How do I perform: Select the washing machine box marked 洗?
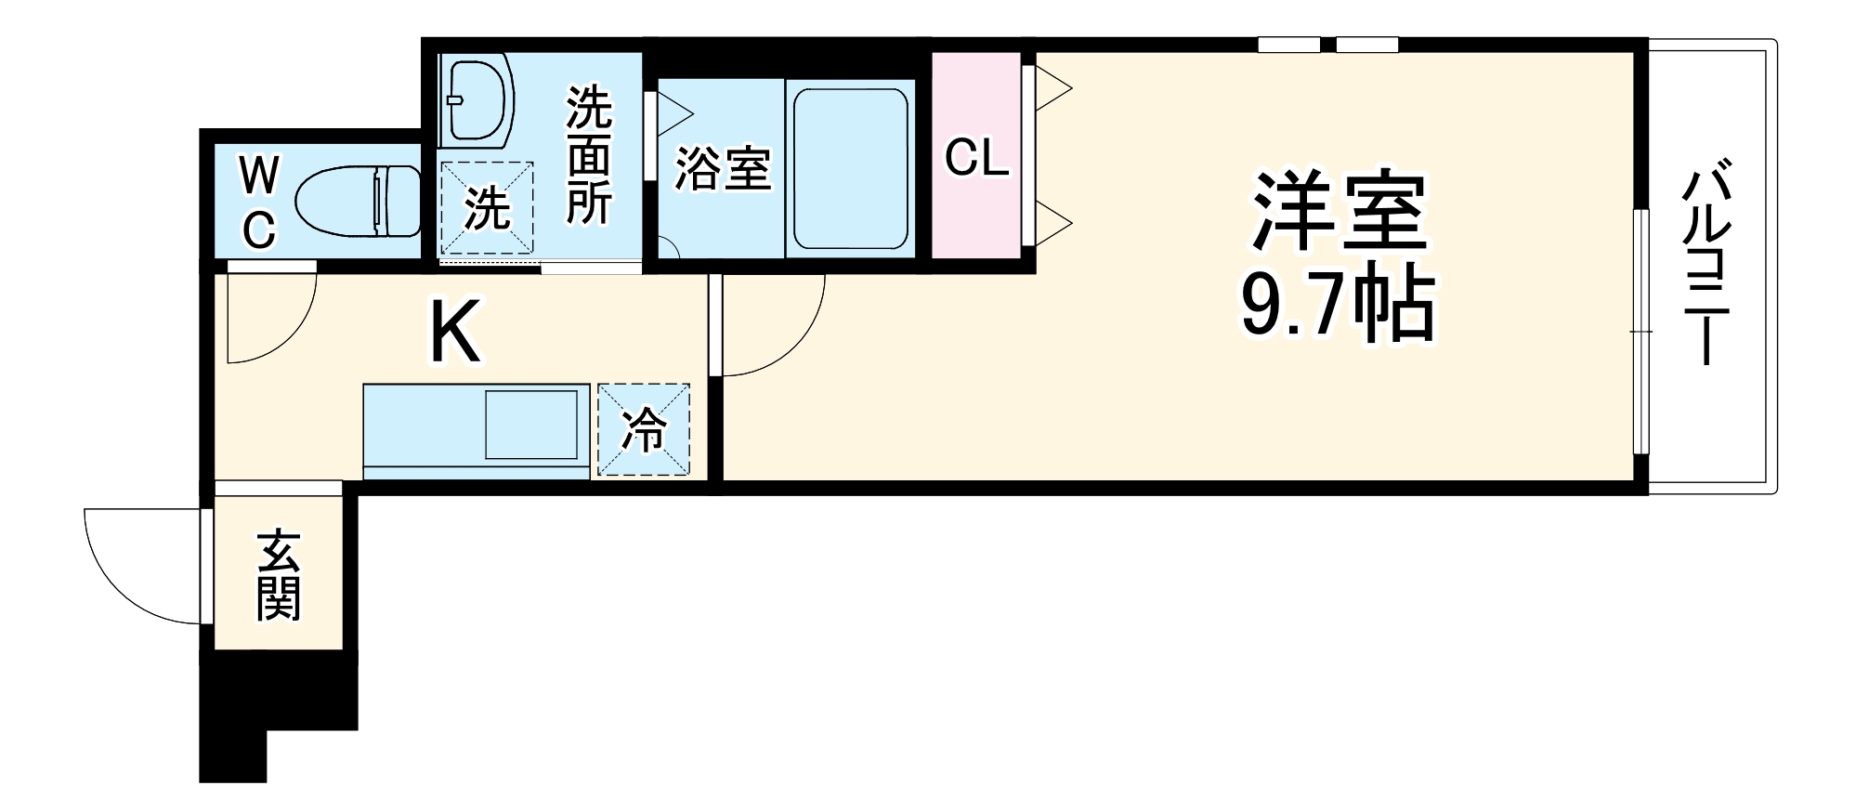487,207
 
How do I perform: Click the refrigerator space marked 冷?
644,429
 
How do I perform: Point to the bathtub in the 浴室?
850,168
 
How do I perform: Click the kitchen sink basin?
531,425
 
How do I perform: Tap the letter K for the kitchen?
455,333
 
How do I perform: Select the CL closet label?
976,158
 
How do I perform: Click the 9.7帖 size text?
1338,306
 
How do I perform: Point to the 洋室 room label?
1338,211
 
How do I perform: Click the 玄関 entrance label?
278,575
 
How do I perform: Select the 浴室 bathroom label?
722,168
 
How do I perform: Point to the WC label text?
259,202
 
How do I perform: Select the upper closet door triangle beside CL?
1052,89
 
